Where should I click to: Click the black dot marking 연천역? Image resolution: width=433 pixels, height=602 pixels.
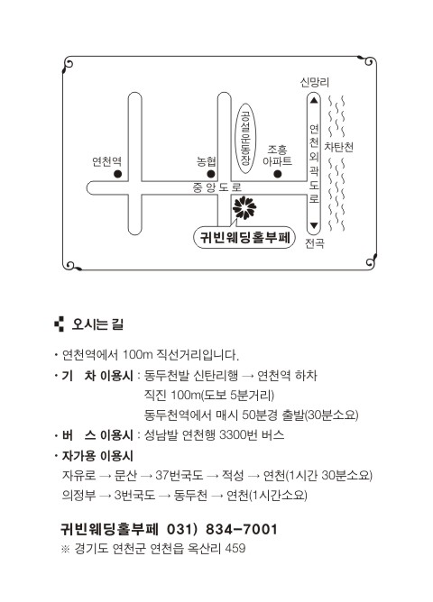pos(117,174)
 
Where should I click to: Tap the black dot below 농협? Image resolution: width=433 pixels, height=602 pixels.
pos(211,174)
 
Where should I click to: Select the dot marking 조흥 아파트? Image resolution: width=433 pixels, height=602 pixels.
pos(278,174)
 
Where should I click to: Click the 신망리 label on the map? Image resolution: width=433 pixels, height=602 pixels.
pos(314,82)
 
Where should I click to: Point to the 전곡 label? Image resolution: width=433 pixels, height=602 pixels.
pos(315,243)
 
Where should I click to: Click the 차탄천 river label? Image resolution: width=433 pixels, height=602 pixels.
pos(338,147)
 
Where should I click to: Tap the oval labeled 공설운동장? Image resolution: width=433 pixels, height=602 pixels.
pos(245,138)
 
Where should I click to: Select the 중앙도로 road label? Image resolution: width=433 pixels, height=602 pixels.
pos(217,187)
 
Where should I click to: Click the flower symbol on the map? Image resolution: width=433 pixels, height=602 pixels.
pos(244,207)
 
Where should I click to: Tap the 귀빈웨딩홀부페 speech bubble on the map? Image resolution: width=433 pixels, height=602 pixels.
pos(244,237)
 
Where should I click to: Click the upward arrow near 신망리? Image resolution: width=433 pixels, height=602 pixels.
pos(314,100)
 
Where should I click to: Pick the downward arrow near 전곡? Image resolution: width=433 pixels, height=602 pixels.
pos(314,225)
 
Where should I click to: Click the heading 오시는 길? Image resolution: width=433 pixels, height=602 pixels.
pos(97,324)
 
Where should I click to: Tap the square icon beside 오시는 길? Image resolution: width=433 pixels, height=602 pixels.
pos(60,324)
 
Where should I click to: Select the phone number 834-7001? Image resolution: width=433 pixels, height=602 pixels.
pos(241,529)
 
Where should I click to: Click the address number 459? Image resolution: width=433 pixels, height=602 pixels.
pos(235,548)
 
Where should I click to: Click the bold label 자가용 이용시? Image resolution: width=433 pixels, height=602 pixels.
pos(97,456)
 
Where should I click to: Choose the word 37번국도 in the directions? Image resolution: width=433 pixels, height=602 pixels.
pos(179,475)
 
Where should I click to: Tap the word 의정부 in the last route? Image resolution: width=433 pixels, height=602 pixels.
pos(78,496)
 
